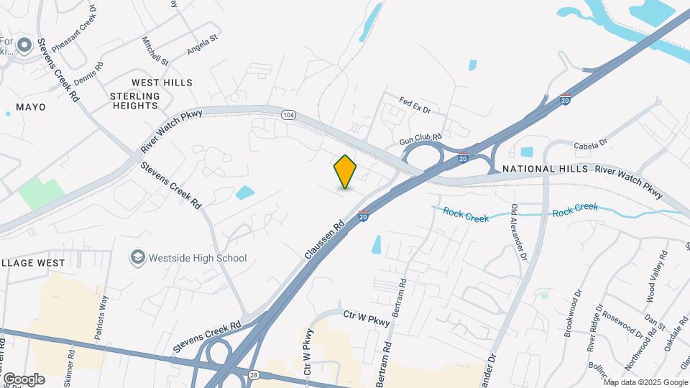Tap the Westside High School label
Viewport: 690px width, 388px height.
coord(197,258)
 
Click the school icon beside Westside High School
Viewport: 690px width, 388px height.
coord(137,257)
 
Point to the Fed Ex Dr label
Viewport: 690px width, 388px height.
coord(415,106)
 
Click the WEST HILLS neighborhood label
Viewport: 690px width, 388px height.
coord(162,83)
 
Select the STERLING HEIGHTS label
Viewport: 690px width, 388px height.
coord(134,101)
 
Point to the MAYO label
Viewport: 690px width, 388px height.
coord(30,107)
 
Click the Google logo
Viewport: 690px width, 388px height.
coord(24,379)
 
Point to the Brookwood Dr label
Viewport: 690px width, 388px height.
coord(576,313)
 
